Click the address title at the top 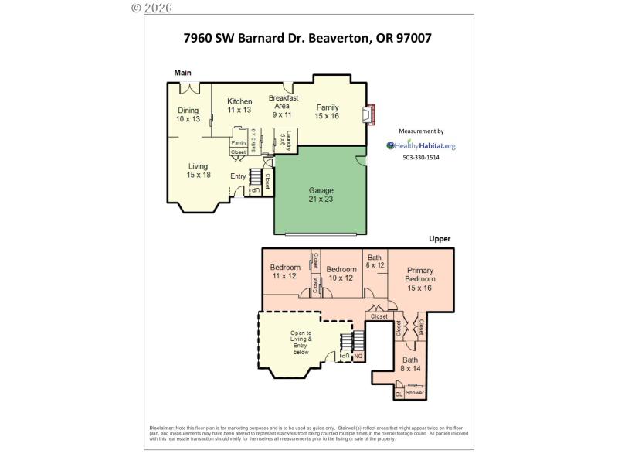point(308,36)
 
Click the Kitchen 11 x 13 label point(239,106)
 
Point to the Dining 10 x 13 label point(188,115)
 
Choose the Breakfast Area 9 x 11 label point(284,106)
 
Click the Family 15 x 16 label point(328,111)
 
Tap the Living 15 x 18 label point(199,171)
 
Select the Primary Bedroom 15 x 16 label point(421,279)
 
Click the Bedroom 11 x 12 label point(285,271)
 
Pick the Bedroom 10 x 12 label point(341,273)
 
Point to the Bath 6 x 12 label point(375,261)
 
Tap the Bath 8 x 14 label point(409,364)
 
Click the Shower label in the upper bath point(415,393)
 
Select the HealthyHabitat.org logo point(422,145)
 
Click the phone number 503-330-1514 point(421,158)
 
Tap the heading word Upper point(440,239)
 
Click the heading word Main point(182,73)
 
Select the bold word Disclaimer point(163,428)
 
